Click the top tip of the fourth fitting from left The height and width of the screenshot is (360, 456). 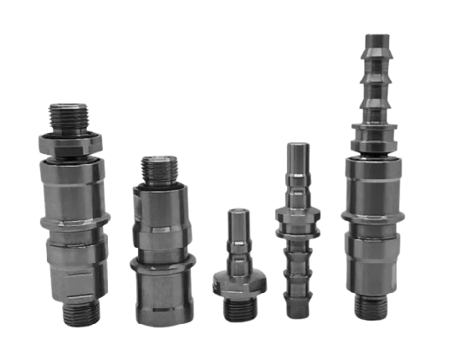click(x=296, y=149)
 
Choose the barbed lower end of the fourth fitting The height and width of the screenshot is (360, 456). click(x=297, y=280)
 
